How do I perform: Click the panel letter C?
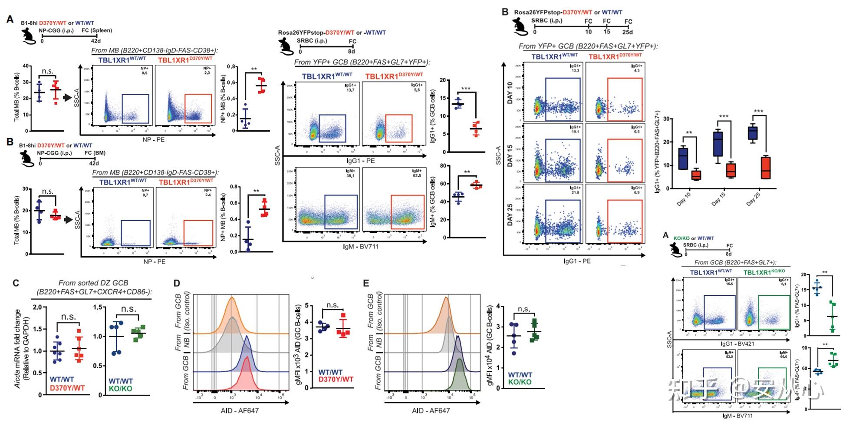point(16,283)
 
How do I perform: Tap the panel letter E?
point(366,283)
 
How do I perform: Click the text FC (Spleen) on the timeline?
point(96,30)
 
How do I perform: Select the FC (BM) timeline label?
point(95,153)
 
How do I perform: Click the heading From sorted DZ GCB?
point(93,283)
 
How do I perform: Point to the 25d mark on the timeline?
point(628,32)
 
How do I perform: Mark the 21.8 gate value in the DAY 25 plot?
point(575,192)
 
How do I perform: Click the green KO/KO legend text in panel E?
point(520,382)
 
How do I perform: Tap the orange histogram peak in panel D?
point(232,299)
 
